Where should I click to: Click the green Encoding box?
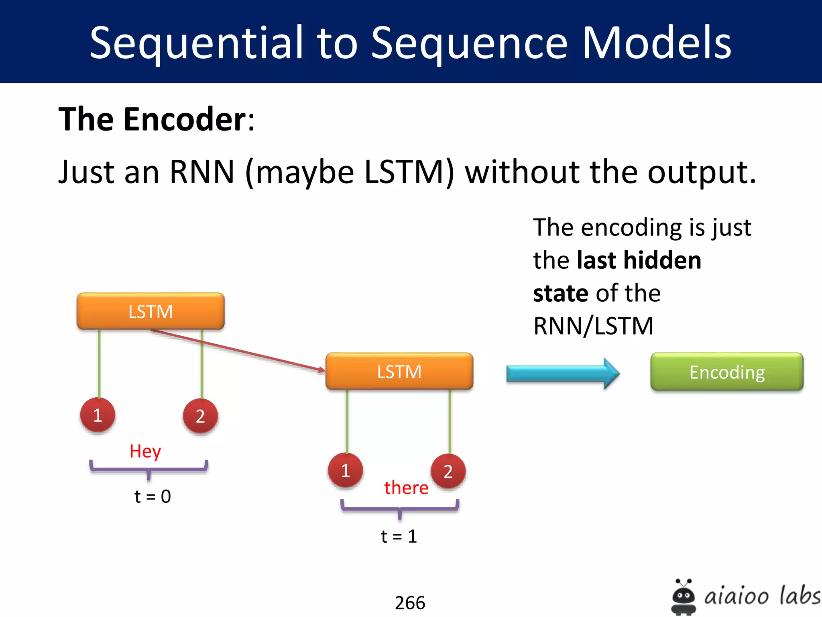(x=726, y=372)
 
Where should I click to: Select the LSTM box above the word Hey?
(x=151, y=311)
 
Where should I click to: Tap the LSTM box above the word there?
(x=399, y=372)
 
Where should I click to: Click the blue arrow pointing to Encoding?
(x=562, y=374)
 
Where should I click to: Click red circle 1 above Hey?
(x=98, y=415)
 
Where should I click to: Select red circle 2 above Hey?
(x=200, y=416)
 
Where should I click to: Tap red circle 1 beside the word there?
(x=345, y=470)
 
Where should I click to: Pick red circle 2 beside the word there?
(x=448, y=471)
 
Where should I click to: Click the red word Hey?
(x=145, y=452)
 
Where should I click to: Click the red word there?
(x=406, y=488)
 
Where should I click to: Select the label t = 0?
(x=153, y=496)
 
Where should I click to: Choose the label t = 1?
(x=399, y=536)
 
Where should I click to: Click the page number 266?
(x=410, y=603)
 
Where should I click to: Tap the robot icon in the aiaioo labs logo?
(x=683, y=597)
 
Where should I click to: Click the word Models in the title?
(x=656, y=43)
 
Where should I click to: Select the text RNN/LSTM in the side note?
(x=593, y=326)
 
